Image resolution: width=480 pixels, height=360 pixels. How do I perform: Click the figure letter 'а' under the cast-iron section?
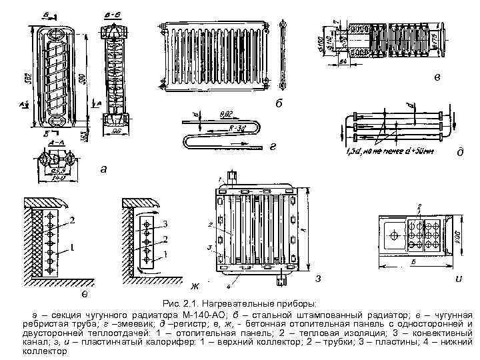click(x=102, y=169)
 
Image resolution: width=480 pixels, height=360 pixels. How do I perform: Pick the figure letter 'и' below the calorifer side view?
click(x=459, y=277)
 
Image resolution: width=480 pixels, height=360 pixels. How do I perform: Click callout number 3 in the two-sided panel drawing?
click(x=165, y=223)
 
